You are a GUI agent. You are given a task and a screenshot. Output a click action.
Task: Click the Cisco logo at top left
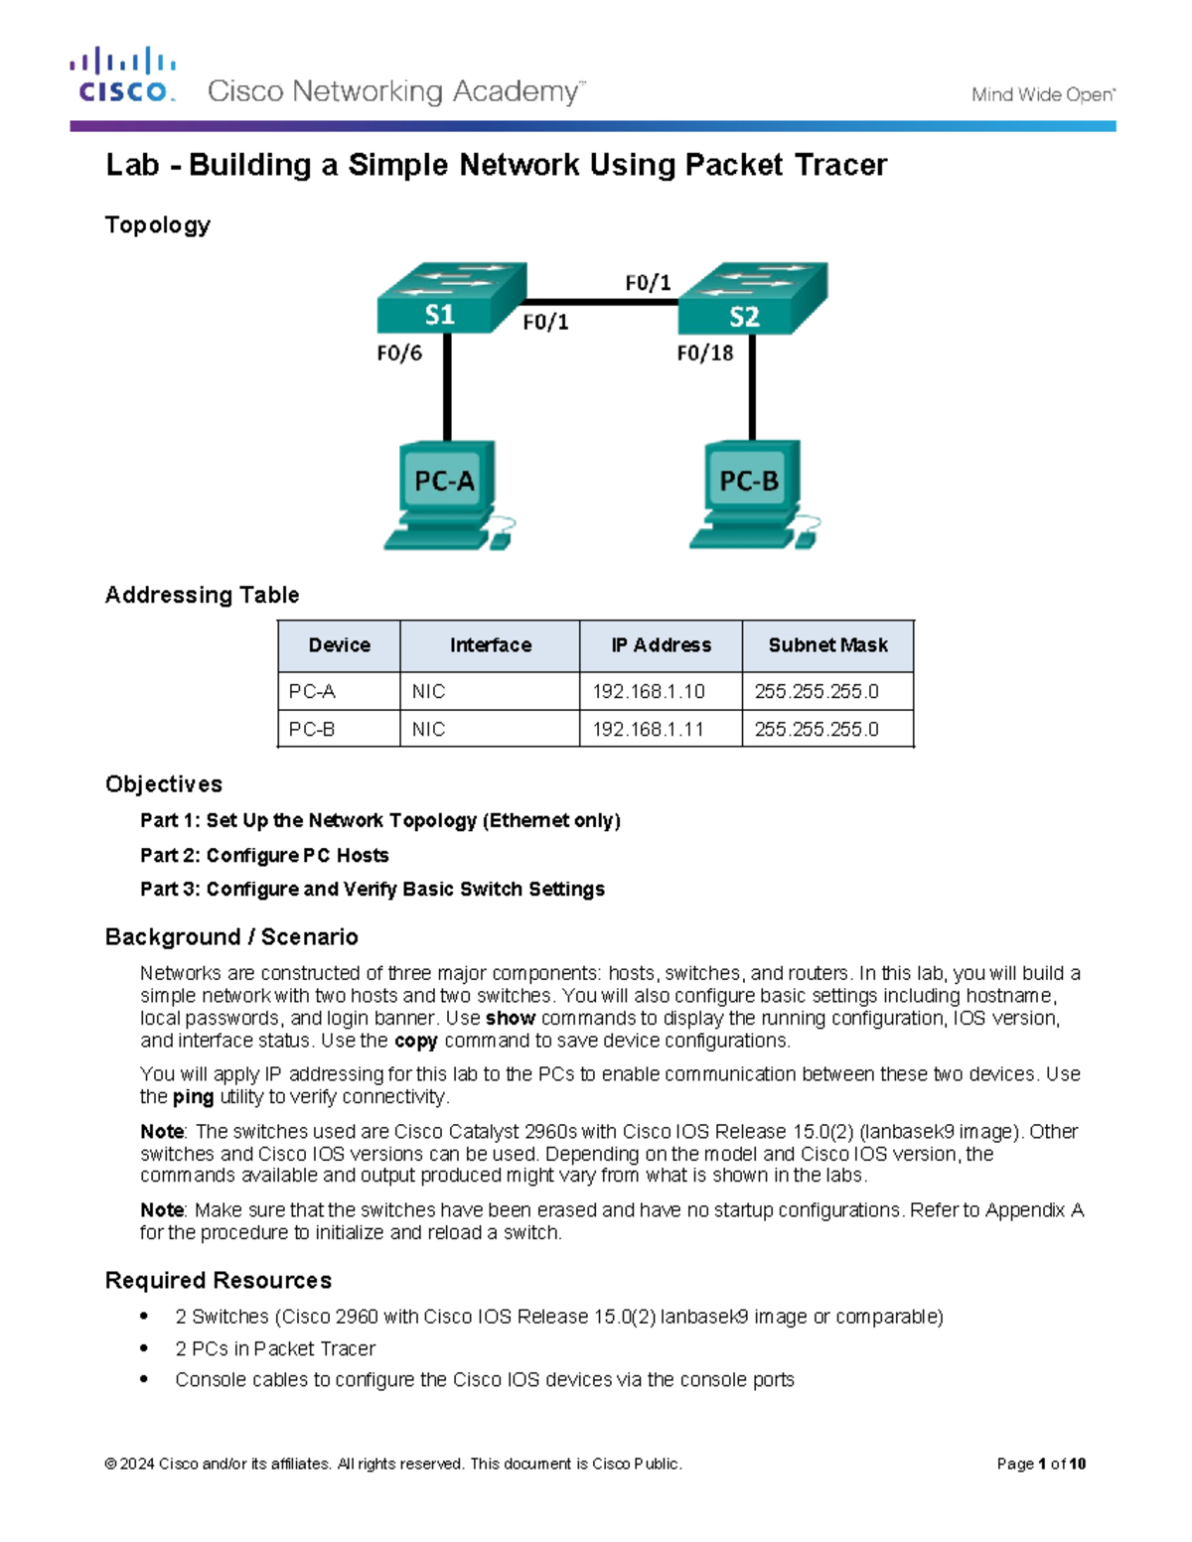123,75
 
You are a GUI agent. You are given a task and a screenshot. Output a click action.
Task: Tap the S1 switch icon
450,298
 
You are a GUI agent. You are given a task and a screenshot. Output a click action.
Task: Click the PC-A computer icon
447,494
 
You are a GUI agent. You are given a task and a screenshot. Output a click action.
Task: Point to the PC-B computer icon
752,494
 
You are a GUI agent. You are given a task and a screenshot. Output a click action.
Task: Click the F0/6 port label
399,352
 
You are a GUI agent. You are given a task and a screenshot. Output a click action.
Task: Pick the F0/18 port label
704,352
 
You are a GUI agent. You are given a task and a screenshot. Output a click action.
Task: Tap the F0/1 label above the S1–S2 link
648,283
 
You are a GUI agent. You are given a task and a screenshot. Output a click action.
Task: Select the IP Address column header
661,645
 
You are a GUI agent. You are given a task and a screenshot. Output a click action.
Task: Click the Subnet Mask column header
827,645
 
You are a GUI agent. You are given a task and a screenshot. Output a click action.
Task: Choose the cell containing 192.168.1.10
649,691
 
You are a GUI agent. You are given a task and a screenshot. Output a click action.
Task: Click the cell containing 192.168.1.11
649,729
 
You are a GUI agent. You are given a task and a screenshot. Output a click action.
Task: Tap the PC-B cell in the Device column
312,729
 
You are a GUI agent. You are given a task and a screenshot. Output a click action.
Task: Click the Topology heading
158,225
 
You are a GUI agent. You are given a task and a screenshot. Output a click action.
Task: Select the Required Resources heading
219,1280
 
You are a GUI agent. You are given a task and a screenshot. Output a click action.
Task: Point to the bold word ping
193,1097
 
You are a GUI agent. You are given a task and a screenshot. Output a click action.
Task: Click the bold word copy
415,1041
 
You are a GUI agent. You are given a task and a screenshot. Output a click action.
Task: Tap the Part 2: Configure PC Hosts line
264,855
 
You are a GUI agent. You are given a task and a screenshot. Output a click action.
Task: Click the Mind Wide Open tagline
1043,95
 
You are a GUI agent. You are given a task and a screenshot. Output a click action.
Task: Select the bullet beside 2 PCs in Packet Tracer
145,1348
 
